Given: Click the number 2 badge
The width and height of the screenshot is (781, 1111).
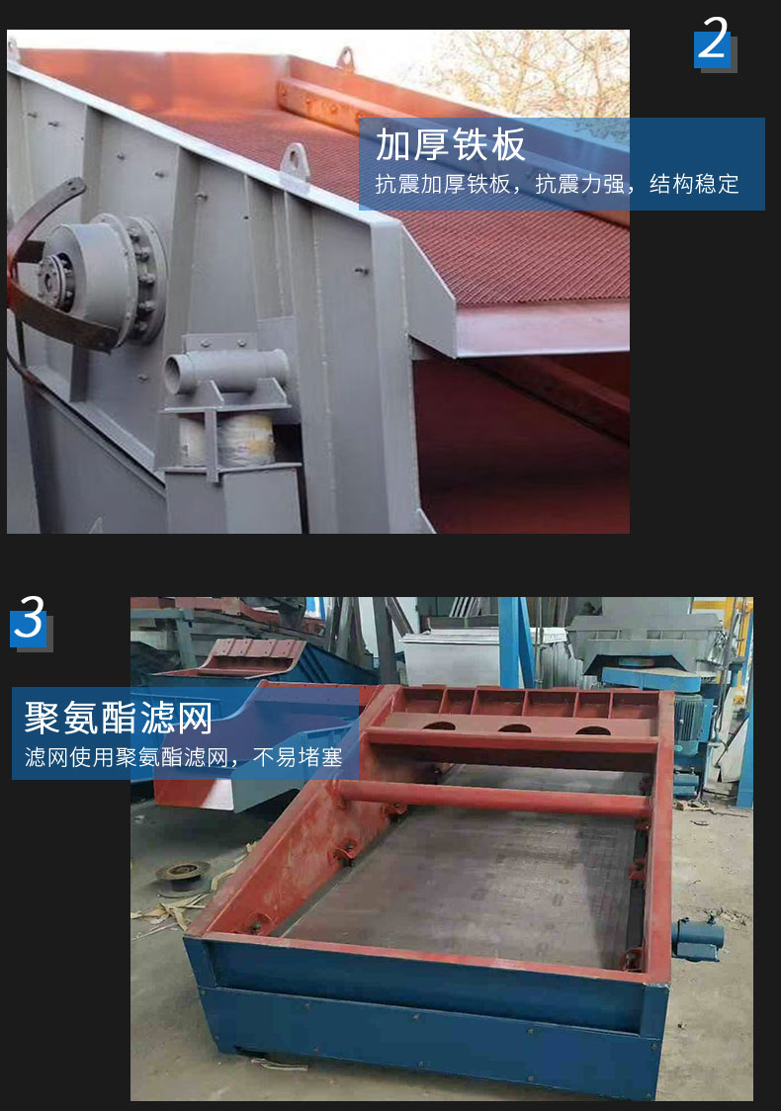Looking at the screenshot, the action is click(714, 42).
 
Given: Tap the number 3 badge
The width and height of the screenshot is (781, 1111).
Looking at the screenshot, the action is click(30, 620).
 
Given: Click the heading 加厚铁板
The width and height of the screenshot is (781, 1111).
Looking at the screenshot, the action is click(450, 144).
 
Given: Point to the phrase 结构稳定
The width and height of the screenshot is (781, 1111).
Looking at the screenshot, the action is click(694, 184).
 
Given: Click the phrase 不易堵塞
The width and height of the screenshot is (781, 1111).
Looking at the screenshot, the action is click(298, 757).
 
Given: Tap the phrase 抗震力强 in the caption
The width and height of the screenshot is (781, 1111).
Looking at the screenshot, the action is click(579, 184).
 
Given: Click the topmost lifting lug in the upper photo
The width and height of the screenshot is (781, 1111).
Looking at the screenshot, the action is click(345, 57).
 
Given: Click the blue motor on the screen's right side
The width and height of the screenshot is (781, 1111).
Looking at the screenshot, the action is click(697, 937).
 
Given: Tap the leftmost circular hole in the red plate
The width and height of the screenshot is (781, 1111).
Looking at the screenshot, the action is click(439, 726).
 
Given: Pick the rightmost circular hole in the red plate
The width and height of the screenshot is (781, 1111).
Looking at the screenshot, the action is click(593, 730).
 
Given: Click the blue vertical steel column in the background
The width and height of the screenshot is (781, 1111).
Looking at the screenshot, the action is click(512, 642).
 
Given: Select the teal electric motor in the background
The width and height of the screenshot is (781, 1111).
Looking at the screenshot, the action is click(691, 723).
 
